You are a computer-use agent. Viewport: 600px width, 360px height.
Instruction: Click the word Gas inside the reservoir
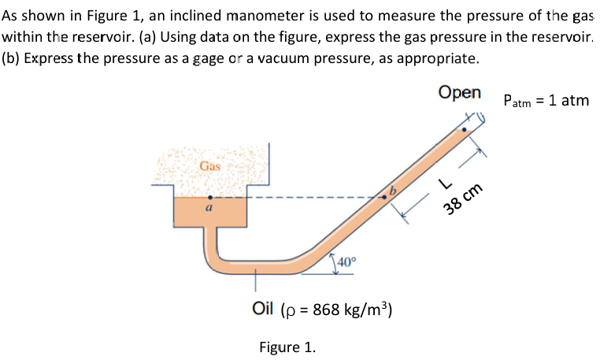210,166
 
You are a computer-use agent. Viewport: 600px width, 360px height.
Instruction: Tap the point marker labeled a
209,198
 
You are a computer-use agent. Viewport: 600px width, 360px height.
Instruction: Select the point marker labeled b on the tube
384,198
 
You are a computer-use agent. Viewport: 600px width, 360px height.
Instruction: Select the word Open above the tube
461,92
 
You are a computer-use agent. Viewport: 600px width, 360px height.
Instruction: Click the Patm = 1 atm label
546,101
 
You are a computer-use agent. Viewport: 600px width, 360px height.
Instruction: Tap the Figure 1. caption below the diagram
287,347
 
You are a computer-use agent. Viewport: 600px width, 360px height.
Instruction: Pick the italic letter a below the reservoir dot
209,210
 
